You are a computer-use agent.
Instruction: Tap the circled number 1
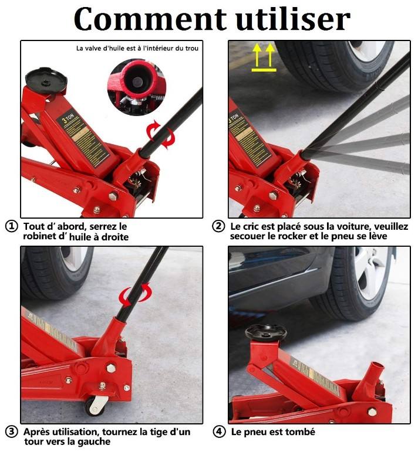(11, 226)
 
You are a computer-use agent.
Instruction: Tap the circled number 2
(218, 226)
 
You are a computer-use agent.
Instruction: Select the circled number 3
(11, 433)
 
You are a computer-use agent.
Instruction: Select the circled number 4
(218, 432)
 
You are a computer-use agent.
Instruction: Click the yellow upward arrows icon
(264, 57)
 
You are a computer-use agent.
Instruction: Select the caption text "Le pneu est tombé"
(272, 432)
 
